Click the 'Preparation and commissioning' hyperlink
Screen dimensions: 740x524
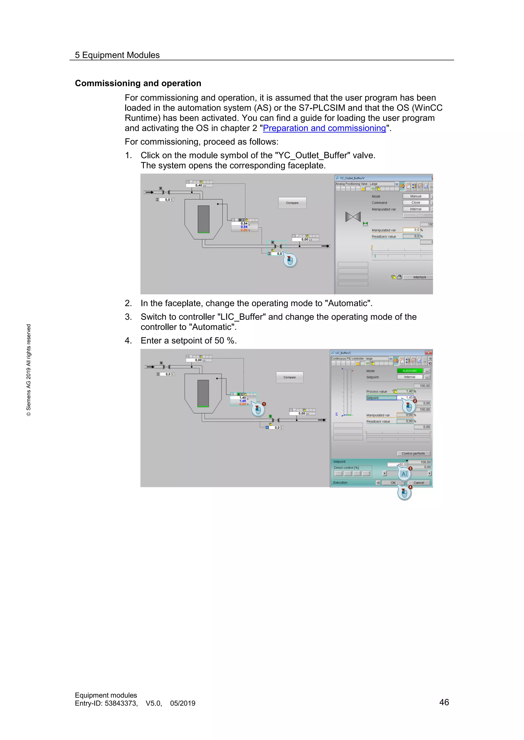pos(324,128)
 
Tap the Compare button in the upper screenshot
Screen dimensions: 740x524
pos(292,203)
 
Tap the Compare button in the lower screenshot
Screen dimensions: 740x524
pos(289,377)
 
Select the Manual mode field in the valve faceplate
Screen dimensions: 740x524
pos(416,196)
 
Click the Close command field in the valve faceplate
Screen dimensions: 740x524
pos(416,203)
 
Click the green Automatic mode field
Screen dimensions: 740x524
pos(409,371)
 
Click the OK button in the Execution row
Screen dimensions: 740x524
pos(393,483)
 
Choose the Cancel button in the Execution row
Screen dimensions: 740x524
pos(419,483)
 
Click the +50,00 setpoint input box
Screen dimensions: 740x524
pos(398,465)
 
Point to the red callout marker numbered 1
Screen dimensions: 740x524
pos(264,404)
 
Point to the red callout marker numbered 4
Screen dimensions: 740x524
pos(410,487)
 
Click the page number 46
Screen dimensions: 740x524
pos(444,702)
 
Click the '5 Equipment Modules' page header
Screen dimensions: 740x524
pos(117,55)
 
